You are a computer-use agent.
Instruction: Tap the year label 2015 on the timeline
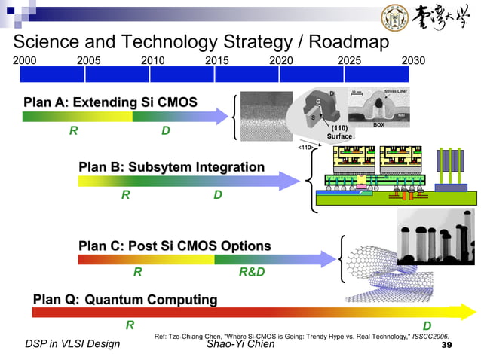[218, 59]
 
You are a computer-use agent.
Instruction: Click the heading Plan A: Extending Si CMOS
[110, 102]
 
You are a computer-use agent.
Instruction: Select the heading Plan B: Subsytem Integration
[171, 166]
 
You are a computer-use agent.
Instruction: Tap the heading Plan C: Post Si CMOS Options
[174, 246]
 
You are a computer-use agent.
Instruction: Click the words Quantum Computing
[151, 300]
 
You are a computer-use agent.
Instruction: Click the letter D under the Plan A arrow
[165, 131]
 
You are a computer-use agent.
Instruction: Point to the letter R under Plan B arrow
[126, 195]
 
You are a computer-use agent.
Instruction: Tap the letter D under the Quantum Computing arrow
[427, 325]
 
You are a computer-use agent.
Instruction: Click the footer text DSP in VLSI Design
[72, 345]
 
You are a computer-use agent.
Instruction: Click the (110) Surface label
[339, 133]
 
